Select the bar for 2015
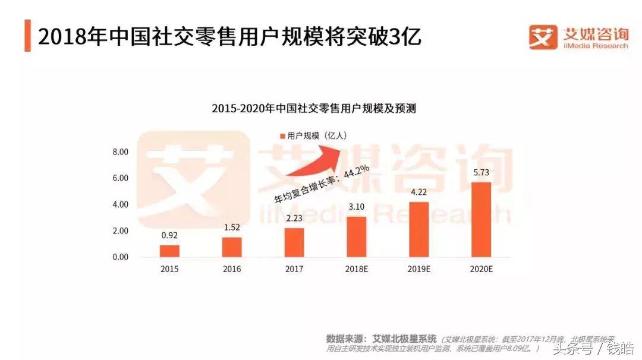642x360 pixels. tap(169, 251)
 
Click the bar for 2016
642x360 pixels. tap(232, 247)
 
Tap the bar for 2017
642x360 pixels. tap(294, 242)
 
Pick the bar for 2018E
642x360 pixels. tap(357, 236)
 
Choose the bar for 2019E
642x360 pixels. tap(419, 229)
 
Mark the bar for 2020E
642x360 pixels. tap(481, 219)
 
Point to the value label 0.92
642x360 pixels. tap(169, 236)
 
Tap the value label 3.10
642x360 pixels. tap(357, 207)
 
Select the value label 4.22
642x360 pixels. tap(419, 192)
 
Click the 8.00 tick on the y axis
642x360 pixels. tap(120, 152)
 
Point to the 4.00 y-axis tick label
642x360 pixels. tap(120, 204)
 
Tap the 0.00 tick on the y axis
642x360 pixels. tap(120, 257)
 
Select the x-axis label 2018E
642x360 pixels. tap(357, 269)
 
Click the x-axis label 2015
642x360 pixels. tap(169, 269)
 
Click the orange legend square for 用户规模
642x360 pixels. tap(282, 136)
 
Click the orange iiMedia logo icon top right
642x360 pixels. tap(543, 37)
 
